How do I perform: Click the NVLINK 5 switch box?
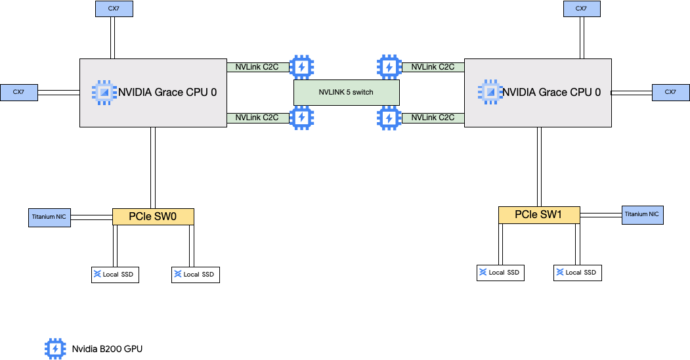[x=346, y=92]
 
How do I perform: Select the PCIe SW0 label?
[x=153, y=217]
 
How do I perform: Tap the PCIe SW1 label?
[x=538, y=215]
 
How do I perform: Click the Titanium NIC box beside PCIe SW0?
[x=49, y=217]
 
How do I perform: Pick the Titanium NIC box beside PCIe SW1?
[x=641, y=214]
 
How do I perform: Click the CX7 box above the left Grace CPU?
[x=113, y=9]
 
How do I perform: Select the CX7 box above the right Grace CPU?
[x=581, y=9]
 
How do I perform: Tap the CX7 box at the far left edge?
[x=18, y=92]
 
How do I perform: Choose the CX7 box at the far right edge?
[x=670, y=92]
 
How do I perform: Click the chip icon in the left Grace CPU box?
[x=104, y=93]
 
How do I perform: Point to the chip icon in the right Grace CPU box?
[x=489, y=93]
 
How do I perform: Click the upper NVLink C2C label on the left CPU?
[x=257, y=67]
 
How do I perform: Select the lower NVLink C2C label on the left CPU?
[x=257, y=118]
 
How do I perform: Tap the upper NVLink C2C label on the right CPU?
[x=433, y=67]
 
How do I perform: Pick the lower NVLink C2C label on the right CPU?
[x=433, y=118]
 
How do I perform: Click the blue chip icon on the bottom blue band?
[x=56, y=348]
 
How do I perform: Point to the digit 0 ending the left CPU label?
[x=213, y=93]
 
